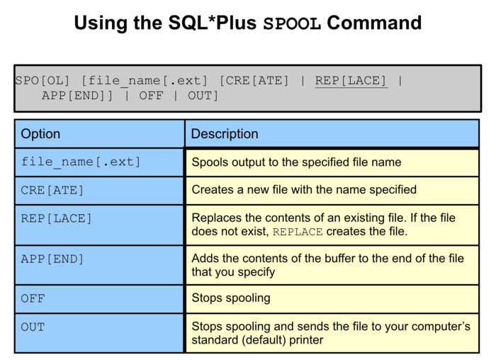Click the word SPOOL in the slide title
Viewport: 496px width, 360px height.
[x=292, y=23]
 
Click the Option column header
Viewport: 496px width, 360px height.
[x=40, y=134]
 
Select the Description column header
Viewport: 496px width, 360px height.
[x=225, y=134]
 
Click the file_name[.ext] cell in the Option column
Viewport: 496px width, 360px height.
[x=81, y=162]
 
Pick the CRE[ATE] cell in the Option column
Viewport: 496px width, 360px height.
[x=52, y=190]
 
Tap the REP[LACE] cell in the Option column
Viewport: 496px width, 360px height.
[x=57, y=218]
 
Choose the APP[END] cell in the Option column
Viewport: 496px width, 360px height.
[x=52, y=259]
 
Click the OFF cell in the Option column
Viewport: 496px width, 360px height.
[x=33, y=298]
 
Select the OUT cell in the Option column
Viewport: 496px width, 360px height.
[x=33, y=327]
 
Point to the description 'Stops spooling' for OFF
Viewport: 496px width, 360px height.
[x=230, y=298]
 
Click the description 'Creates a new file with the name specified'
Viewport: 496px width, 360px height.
[x=304, y=190]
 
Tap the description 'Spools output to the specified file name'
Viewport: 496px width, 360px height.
[x=296, y=162]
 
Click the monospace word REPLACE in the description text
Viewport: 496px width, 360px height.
[x=298, y=232]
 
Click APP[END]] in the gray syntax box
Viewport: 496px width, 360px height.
[x=77, y=96]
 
